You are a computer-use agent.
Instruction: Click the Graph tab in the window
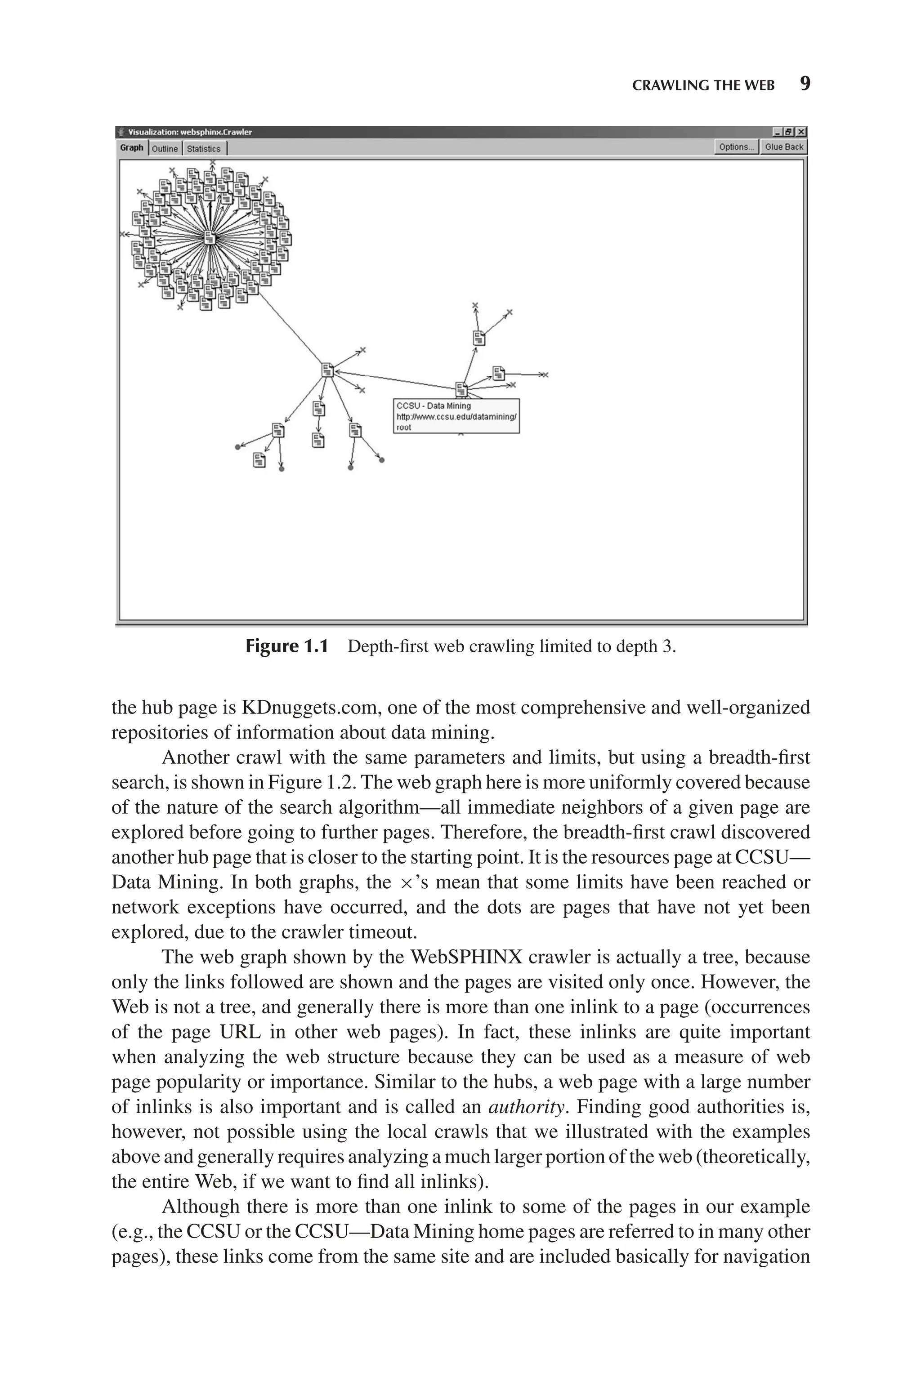132,148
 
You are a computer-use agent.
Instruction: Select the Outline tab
165,148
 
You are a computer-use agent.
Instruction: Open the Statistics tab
203,148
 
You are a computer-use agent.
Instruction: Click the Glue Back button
783,147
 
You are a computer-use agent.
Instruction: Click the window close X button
801,132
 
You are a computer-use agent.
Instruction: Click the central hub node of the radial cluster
210,238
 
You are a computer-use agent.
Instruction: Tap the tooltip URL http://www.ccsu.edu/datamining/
456,417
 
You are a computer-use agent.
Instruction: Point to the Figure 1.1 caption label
286,646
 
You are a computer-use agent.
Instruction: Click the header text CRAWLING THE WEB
703,86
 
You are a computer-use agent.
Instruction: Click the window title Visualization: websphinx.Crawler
189,132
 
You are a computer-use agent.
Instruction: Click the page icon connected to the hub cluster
328,370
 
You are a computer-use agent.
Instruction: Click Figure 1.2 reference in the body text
325,783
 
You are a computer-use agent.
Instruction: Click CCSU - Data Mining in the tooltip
434,405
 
